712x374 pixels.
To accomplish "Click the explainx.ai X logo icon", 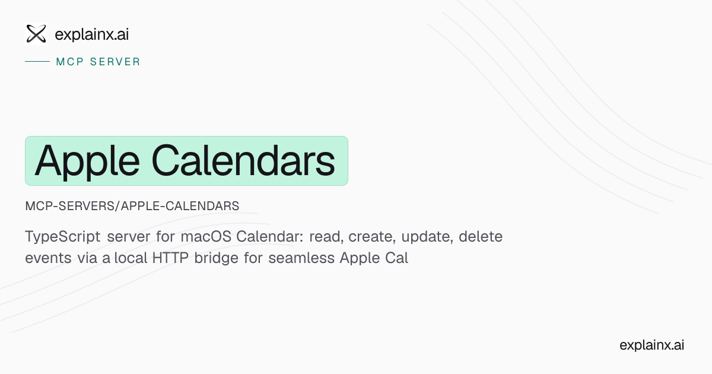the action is [36, 34].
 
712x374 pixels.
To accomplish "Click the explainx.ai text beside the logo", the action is [92, 34].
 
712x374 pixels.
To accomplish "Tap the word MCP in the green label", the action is [70, 62].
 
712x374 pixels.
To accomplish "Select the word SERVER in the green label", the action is [115, 62].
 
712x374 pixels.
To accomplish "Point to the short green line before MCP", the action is [37, 61].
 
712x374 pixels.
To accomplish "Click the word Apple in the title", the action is [87, 162].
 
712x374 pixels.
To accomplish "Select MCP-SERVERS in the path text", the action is [69, 206].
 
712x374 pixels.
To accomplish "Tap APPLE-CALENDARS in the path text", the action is [180, 206].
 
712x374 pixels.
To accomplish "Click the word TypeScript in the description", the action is [63, 237].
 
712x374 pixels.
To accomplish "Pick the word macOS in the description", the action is [206, 237].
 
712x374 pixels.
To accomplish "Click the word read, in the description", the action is [326, 237].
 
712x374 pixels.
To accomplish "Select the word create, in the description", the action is [372, 237].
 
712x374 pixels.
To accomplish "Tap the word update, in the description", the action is [427, 237].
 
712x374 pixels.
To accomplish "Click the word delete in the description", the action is [481, 237].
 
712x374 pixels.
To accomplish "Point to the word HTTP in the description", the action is [170, 258].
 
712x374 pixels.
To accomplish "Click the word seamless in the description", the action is [301, 258].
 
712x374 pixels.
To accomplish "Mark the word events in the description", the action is [48, 258].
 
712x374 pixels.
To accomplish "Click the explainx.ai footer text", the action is [651, 345].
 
